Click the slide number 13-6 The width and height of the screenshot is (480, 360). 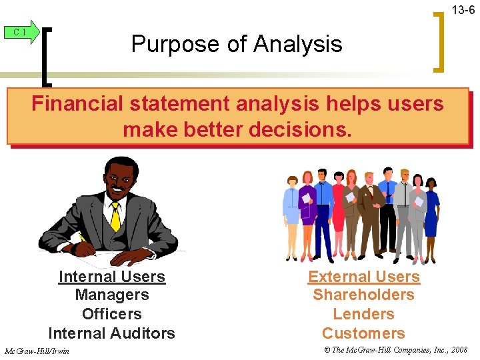click(463, 10)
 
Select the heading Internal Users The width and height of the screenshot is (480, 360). click(111, 277)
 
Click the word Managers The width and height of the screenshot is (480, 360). click(111, 295)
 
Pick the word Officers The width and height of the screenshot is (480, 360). click(111, 314)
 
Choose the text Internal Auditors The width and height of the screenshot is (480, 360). click(111, 333)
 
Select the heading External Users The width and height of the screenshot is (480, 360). click(363, 277)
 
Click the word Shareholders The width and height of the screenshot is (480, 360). click(363, 295)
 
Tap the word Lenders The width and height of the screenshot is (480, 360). click(363, 314)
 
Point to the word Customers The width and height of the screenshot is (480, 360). click(363, 333)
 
